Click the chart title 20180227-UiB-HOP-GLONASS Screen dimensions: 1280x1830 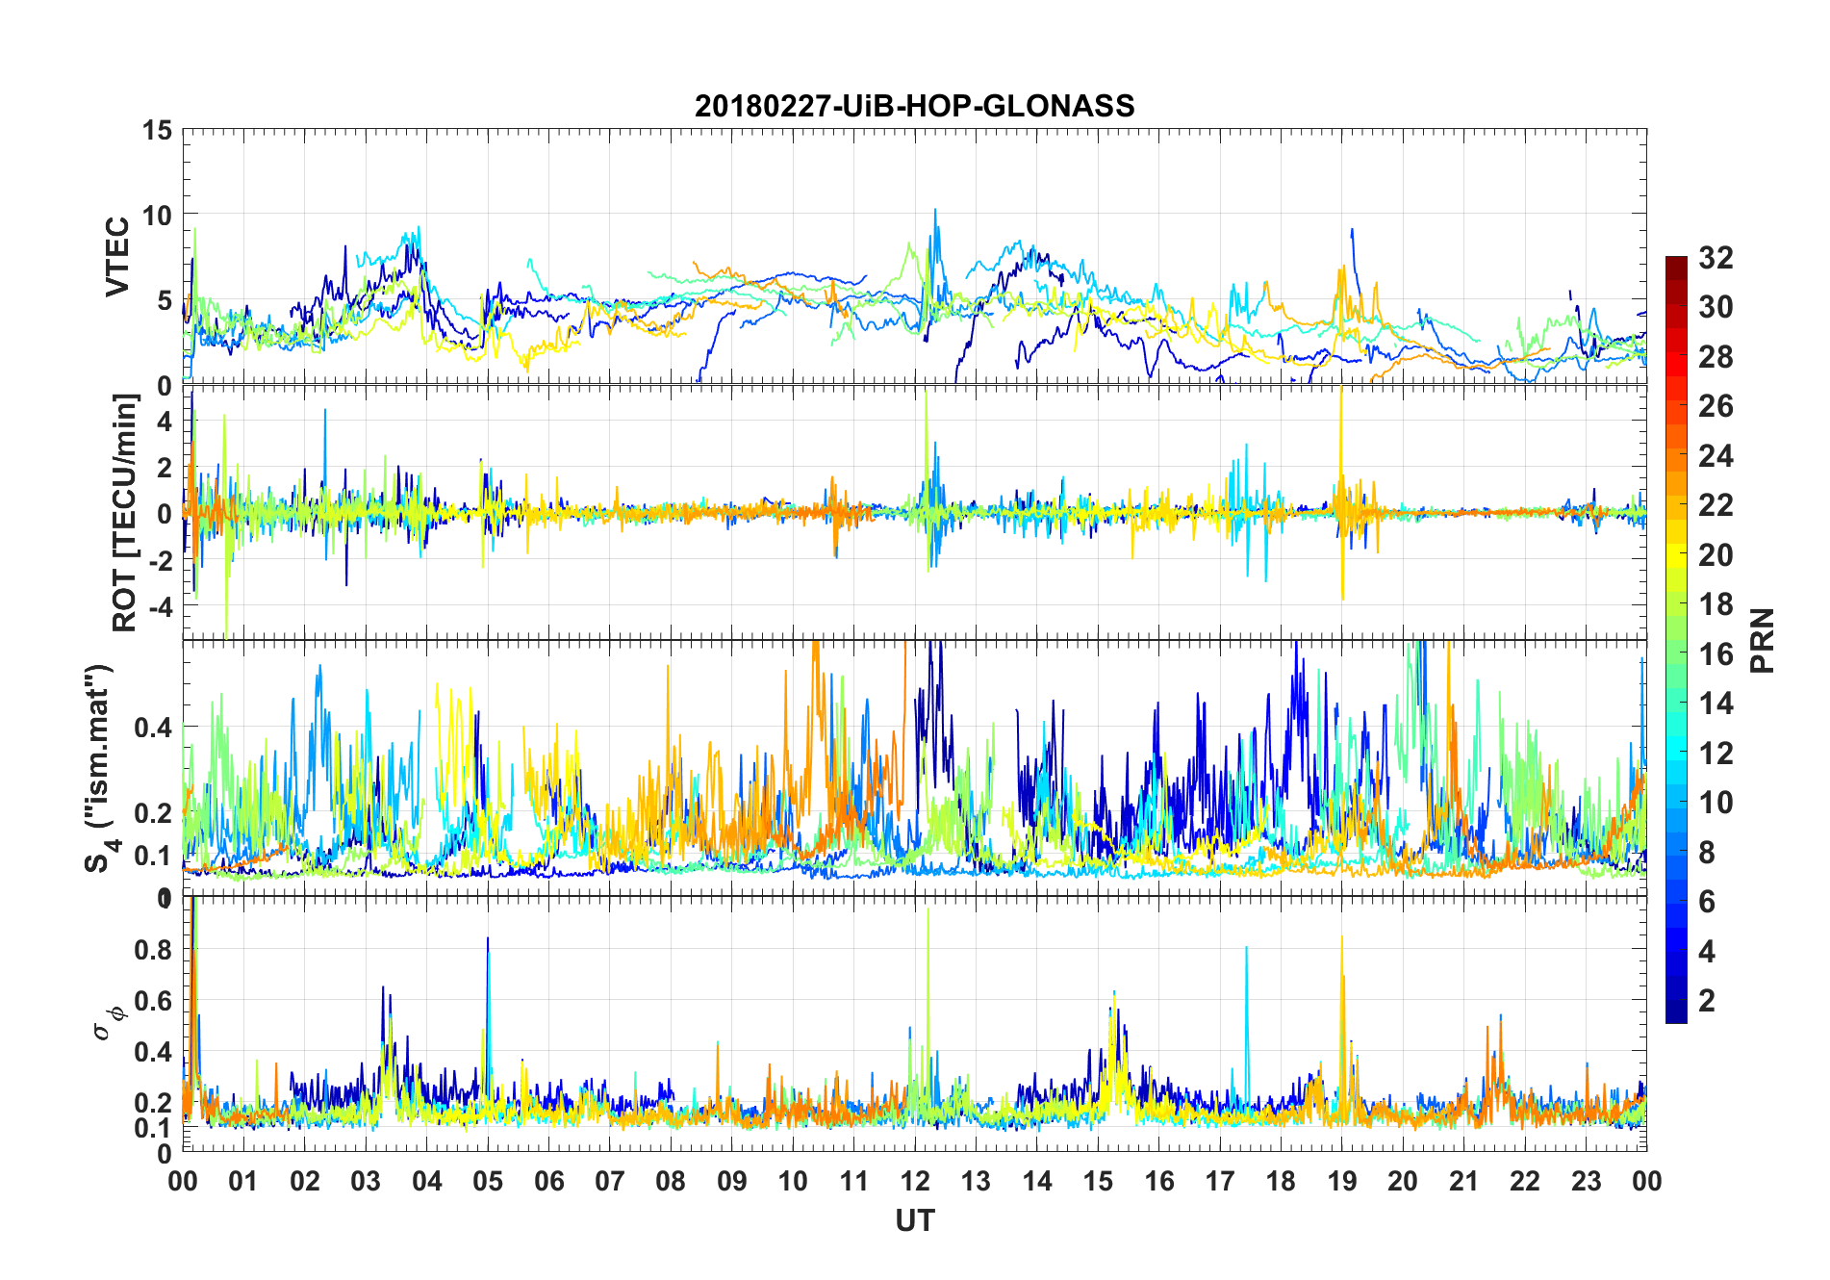tap(914, 106)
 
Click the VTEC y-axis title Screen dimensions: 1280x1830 tap(117, 257)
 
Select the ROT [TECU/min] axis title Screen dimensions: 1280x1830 tap(125, 512)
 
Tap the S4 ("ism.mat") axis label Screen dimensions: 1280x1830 tap(99, 768)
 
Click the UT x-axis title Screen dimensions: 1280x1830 tap(914, 1221)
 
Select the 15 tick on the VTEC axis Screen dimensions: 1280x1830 tap(158, 130)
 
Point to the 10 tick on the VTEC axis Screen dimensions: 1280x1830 tap(158, 216)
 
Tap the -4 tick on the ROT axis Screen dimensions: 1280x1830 tap(162, 606)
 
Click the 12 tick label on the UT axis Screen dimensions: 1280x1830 tap(914, 1182)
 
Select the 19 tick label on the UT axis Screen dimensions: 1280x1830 tap(1341, 1182)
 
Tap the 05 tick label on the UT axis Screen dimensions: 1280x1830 tap(488, 1182)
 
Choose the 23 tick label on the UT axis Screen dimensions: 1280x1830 tap(1586, 1182)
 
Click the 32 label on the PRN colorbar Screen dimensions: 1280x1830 tap(1716, 258)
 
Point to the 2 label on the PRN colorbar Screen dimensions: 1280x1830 tap(1707, 1001)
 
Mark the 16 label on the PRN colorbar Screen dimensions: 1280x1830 tap(1716, 654)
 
